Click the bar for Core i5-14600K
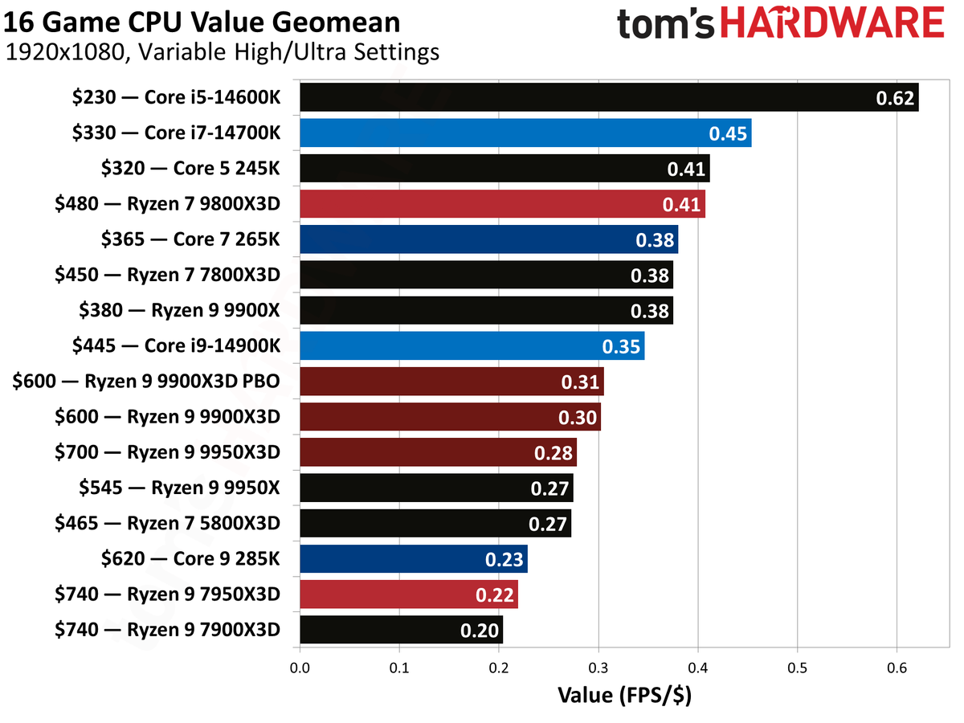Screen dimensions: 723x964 pyautogui.click(x=562, y=98)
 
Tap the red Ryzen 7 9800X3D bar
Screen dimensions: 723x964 pyautogui.click(x=482, y=204)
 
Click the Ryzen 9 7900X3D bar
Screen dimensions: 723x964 pyautogui.click(x=386, y=630)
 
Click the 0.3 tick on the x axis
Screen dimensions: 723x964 pyautogui.click(x=598, y=668)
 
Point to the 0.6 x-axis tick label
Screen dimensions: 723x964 pyautogui.click(x=897, y=668)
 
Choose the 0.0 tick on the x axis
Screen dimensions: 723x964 pyautogui.click(x=300, y=668)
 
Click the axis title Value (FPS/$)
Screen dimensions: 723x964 pyautogui.click(x=624, y=694)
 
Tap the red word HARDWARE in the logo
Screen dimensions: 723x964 pyautogui.click(x=832, y=23)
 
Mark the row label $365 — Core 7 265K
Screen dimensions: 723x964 pyautogui.click(x=191, y=239)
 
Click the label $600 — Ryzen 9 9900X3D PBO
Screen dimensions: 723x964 pyautogui.click(x=146, y=382)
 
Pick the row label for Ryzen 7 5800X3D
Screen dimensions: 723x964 pyautogui.click(x=167, y=524)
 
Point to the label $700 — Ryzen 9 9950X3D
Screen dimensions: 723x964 pyautogui.click(x=167, y=452)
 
